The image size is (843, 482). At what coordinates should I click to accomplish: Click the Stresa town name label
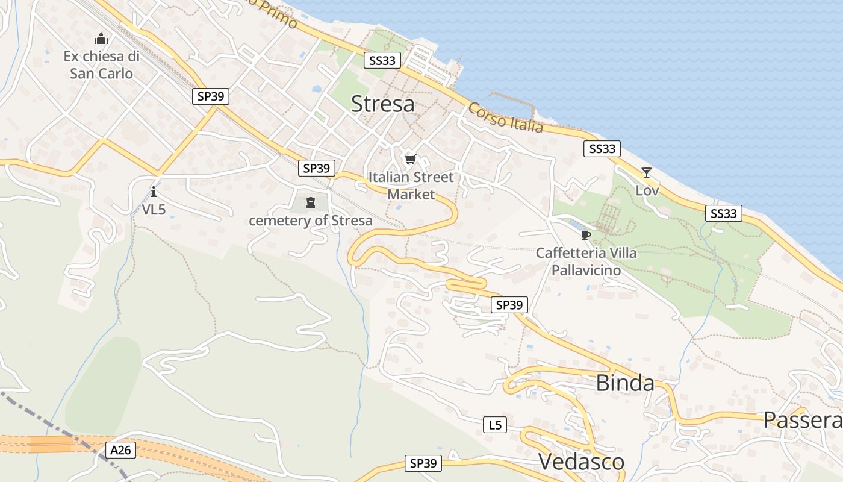coord(382,104)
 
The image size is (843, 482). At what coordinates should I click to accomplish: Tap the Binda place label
coord(625,383)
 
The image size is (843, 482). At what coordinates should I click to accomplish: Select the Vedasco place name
coord(581,462)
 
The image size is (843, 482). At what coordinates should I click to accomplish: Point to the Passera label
coord(803,421)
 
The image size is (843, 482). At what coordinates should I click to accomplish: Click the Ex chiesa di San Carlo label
coord(101,65)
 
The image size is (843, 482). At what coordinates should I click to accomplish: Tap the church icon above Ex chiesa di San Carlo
coord(101,39)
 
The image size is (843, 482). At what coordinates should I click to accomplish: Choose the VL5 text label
coord(154,210)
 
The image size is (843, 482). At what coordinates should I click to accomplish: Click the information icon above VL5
coord(154,192)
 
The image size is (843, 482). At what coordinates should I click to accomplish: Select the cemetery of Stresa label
coord(311,221)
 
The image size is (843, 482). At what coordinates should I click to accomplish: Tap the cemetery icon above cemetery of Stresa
coord(311,202)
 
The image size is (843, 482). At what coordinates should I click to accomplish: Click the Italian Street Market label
coord(411,186)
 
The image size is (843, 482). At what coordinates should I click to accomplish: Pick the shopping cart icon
coord(411,159)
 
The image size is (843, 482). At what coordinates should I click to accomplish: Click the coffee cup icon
coord(585,234)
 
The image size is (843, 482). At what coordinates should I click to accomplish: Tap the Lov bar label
coord(647,191)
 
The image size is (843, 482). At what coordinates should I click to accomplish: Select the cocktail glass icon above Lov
coord(647,173)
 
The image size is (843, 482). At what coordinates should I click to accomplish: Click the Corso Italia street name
coord(505,118)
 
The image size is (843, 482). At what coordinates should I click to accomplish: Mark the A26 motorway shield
coord(122,449)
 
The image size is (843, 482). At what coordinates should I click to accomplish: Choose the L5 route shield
coord(494,425)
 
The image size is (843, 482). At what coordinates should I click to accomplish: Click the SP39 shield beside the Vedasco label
coord(423,463)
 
